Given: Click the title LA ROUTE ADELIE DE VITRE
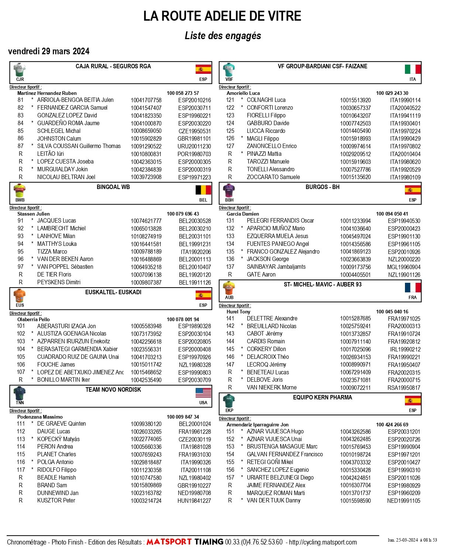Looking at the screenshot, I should click(x=222, y=16).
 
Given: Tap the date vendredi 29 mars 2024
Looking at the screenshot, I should click(x=49, y=51).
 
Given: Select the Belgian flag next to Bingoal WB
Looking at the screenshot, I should click(x=203, y=190).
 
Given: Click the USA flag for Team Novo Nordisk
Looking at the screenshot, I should click(x=203, y=393).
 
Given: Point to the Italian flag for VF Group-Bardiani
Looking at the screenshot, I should click(x=413, y=69).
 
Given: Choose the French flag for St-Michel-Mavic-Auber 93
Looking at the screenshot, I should click(x=413, y=288).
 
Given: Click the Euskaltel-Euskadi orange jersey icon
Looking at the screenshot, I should click(x=20, y=296).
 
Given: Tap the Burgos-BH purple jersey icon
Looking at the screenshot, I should click(x=229, y=191).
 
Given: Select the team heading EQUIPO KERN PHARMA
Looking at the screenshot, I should click(x=322, y=398).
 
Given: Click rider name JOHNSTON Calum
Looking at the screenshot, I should click(x=59, y=139).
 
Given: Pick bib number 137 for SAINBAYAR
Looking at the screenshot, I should click(x=230, y=267).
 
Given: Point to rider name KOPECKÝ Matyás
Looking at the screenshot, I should click(x=58, y=439).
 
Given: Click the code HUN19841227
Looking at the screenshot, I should click(x=194, y=501).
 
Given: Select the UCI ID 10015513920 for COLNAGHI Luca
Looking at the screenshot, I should click(x=355, y=100).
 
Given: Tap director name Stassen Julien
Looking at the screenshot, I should click(x=34, y=214).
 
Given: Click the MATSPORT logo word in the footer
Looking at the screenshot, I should click(x=169, y=542).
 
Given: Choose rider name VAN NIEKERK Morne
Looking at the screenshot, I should click(x=271, y=388).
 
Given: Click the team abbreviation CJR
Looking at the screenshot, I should click(x=20, y=79).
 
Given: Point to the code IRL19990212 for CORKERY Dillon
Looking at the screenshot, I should click(x=405, y=350).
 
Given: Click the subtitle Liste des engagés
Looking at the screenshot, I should click(x=223, y=36).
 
